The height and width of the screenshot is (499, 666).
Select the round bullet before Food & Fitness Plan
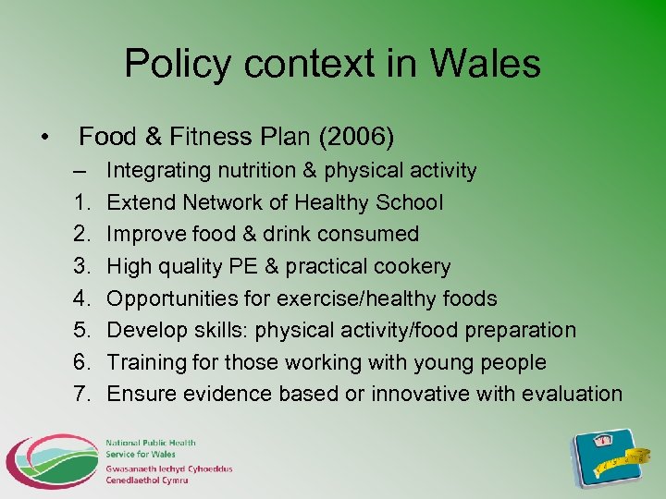44,138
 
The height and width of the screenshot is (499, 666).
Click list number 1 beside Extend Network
80,202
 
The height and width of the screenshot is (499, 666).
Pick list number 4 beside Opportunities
80,298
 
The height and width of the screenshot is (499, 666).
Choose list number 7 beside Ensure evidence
80,394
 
